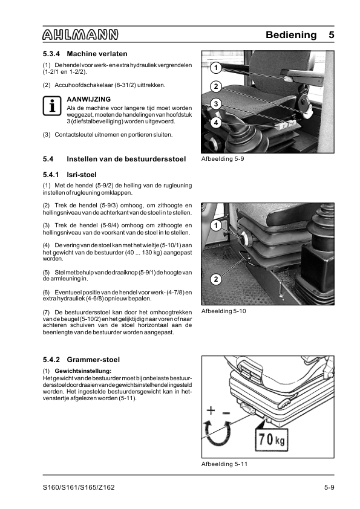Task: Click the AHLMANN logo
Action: pos(80,34)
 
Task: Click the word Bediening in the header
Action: pos(291,34)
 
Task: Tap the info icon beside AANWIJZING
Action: pos(52,106)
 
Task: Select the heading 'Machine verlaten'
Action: pos(97,54)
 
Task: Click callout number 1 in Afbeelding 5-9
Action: pos(216,68)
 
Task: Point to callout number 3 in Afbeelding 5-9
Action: pos(216,104)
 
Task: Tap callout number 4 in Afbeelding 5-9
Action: pos(216,123)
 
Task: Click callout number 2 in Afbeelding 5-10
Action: pos(216,279)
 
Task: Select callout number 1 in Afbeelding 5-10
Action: pos(216,225)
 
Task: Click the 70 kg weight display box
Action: pos(272,440)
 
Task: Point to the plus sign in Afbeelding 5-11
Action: pos(211,410)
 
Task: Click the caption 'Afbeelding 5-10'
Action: pos(223,311)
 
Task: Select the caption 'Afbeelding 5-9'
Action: pos(223,159)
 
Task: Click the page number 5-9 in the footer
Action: pos(329,487)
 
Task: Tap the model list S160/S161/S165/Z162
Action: pos(79,487)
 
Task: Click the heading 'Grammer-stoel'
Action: pos(93,360)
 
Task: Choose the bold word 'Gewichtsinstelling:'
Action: pos(83,371)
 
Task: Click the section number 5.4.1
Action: pos(51,175)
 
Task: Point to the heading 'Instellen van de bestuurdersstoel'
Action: pos(126,159)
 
